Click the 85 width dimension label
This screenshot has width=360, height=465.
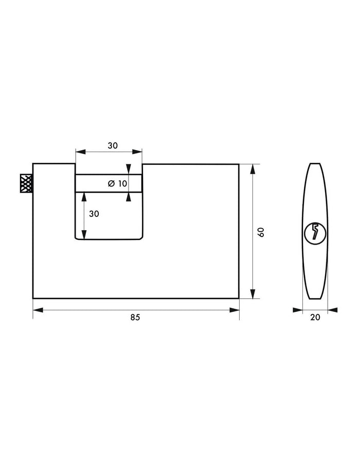[135, 318]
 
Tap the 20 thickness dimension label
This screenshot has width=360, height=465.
[315, 318]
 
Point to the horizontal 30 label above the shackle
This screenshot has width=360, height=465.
[113, 145]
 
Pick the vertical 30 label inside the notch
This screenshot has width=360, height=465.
[94, 214]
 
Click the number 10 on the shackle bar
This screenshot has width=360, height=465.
[122, 183]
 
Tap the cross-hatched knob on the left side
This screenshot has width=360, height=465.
[26, 183]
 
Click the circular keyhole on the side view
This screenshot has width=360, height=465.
[315, 233]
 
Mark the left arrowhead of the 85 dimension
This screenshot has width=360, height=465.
[38, 310]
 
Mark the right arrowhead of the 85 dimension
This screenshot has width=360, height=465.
[235, 310]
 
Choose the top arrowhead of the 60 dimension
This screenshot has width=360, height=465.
[252, 169]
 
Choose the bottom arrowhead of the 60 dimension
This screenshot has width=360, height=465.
[252, 293]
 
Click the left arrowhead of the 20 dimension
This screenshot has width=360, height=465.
[298, 310]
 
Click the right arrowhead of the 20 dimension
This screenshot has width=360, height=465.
[332, 310]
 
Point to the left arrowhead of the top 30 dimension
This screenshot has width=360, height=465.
[80, 152]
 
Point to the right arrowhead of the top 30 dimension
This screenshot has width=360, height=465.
[137, 152]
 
